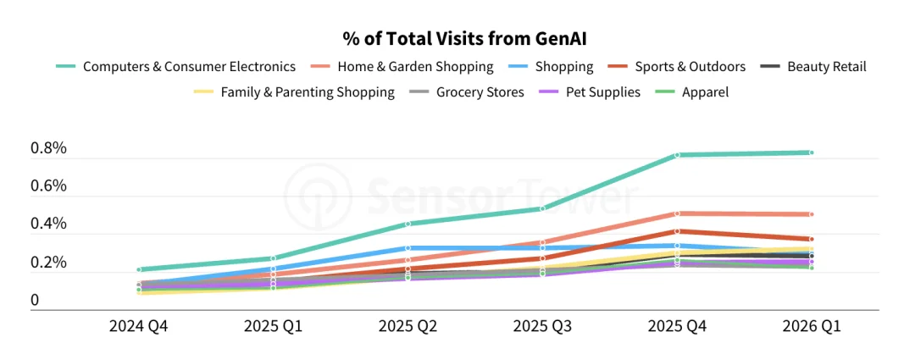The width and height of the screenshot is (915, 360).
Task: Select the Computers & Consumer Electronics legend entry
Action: click(175, 67)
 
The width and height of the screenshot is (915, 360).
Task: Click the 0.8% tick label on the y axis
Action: click(48, 149)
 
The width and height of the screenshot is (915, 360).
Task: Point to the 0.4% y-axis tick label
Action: click(48, 224)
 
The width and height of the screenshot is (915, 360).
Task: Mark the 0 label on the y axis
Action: click(35, 301)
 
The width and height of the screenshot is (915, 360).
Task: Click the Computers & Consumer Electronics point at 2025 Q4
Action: click(677, 155)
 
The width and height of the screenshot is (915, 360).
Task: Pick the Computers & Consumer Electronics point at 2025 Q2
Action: click(408, 224)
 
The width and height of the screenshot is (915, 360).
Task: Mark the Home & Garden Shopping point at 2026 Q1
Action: click(811, 214)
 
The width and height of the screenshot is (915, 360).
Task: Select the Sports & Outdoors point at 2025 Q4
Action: click(677, 231)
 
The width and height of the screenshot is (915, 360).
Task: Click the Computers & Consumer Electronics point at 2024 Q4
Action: click(138, 269)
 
